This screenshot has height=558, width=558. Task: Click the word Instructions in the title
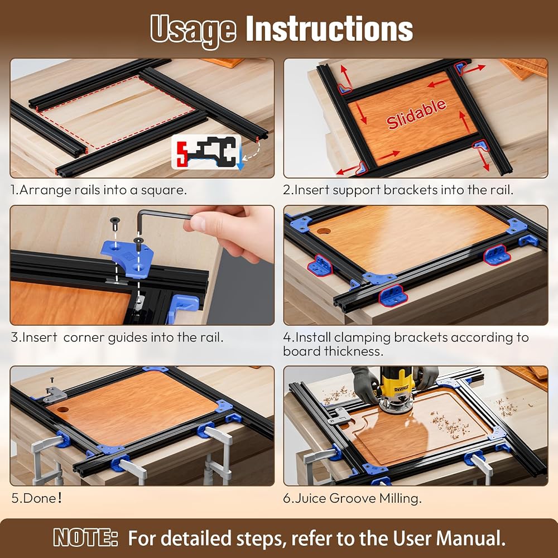(330, 28)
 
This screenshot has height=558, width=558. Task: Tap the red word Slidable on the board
(416, 114)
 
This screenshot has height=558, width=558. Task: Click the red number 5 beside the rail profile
(182, 153)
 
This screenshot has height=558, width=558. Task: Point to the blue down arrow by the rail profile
(240, 159)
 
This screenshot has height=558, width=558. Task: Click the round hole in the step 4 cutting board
(324, 231)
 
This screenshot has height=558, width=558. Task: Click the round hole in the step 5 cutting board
(63, 409)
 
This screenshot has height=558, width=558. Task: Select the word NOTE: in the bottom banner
(85, 538)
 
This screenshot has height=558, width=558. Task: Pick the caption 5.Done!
(36, 498)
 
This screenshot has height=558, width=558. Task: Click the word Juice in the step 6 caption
(310, 498)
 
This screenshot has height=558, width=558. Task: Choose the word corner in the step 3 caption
(84, 337)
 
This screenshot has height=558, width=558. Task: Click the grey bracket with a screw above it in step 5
(55, 395)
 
